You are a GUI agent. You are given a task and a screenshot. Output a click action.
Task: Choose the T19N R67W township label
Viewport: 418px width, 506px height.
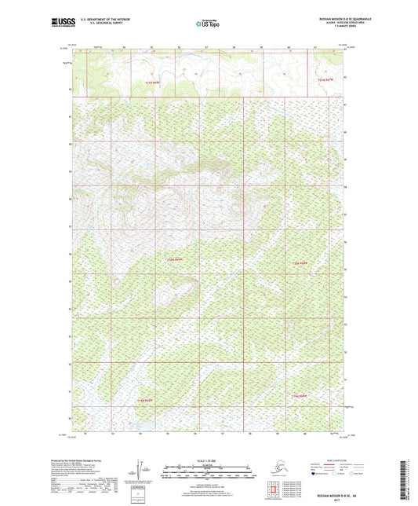[300, 395]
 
